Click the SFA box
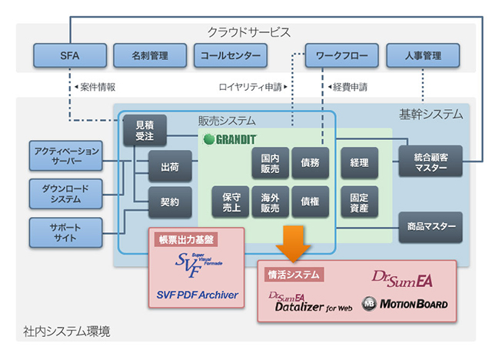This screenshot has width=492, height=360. pyautogui.click(x=70, y=55)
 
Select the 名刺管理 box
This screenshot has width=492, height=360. pyautogui.click(x=151, y=55)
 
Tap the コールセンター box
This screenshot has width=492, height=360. pyautogui.click(x=231, y=55)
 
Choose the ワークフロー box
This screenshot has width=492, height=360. pyautogui.click(x=342, y=55)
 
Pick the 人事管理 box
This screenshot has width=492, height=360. pyautogui.click(x=422, y=55)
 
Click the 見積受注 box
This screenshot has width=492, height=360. pyautogui.click(x=145, y=130)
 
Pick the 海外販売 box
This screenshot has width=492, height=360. pyautogui.click(x=270, y=202)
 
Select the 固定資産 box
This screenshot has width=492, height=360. pyautogui.click(x=359, y=202)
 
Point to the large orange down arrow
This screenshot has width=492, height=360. pyautogui.click(x=294, y=241)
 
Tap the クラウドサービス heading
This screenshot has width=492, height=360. pyautogui.click(x=248, y=32)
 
